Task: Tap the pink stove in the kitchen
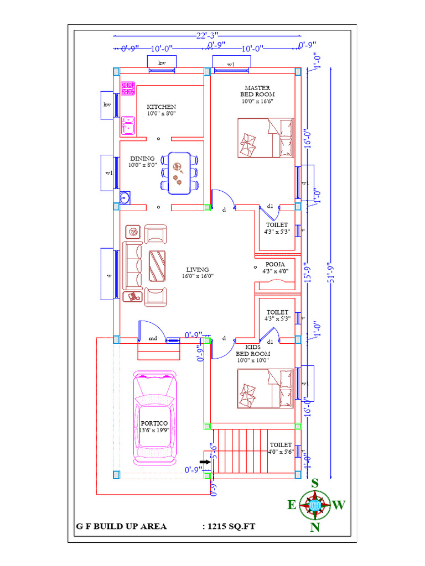(128, 88)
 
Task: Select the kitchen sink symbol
(128, 125)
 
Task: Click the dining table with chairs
(179, 173)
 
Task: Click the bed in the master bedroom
(266, 138)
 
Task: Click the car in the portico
(156, 418)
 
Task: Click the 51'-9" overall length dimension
(330, 271)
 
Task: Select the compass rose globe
(315, 504)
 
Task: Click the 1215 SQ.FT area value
(229, 526)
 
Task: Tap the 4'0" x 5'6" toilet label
(281, 448)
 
